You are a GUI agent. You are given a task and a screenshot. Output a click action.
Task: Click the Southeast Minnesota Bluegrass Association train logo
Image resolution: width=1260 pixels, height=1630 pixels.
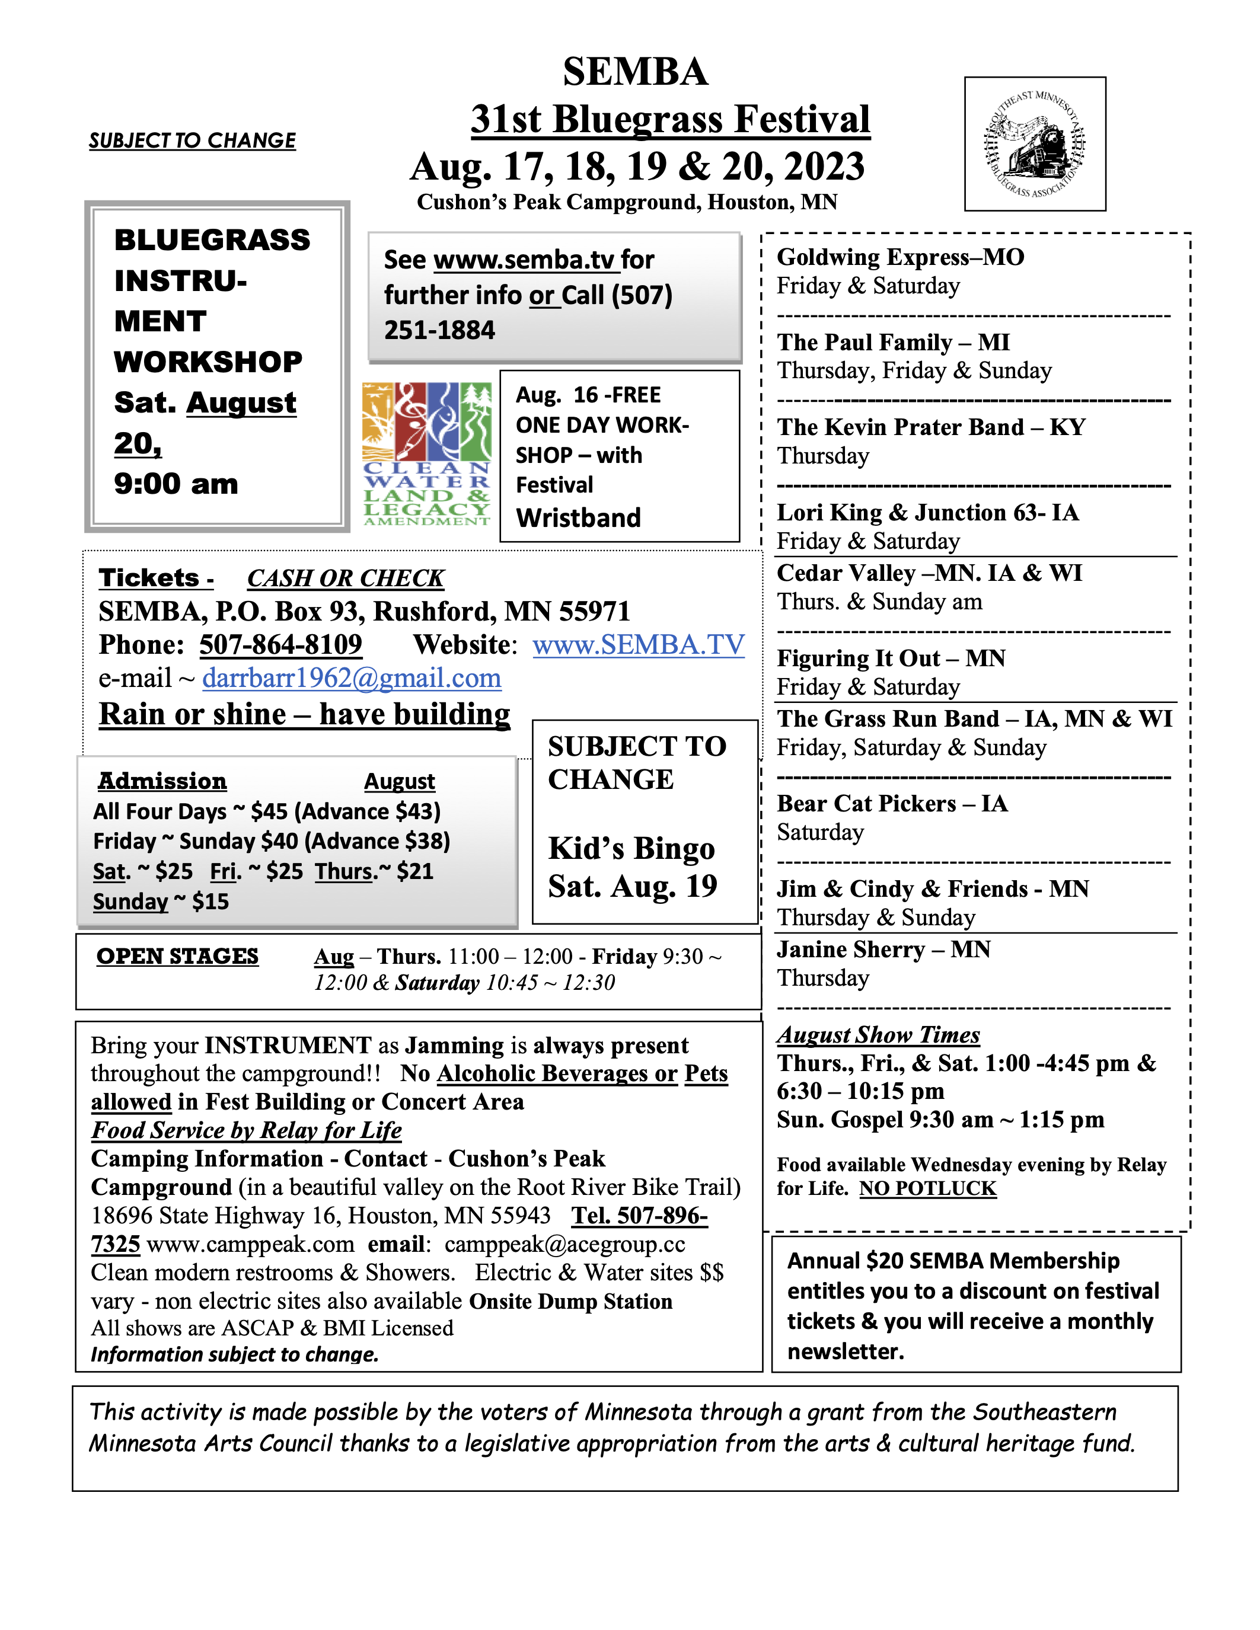pyautogui.click(x=1035, y=144)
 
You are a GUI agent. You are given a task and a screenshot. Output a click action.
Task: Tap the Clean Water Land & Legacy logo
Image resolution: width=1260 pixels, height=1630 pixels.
pyautogui.click(x=427, y=454)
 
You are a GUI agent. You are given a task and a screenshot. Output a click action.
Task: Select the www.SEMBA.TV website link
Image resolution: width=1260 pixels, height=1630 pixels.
pyautogui.click(x=638, y=645)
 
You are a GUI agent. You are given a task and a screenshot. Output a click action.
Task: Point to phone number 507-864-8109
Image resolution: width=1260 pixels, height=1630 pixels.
pyautogui.click(x=280, y=645)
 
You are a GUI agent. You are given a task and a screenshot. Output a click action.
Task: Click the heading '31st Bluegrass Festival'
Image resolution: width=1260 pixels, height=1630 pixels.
pyautogui.click(x=670, y=119)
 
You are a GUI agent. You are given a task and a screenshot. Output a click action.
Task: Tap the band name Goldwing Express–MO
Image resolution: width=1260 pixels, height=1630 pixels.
pyautogui.click(x=900, y=257)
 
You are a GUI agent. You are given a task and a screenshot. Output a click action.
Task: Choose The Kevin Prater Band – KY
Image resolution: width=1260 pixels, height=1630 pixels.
pyautogui.click(x=931, y=427)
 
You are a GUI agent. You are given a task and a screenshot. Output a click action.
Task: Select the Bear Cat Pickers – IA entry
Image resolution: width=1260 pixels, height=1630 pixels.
pyautogui.click(x=892, y=803)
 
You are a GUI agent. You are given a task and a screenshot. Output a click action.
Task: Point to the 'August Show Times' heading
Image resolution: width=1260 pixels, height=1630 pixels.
pyautogui.click(x=878, y=1034)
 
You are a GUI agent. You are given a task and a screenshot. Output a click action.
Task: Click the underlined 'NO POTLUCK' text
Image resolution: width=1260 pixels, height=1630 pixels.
pyautogui.click(x=928, y=1188)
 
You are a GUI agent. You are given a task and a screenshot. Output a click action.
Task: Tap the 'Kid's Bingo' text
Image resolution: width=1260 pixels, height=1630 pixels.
pyautogui.click(x=631, y=849)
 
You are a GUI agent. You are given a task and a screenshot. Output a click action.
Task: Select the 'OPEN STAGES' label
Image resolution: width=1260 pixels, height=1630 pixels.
pyautogui.click(x=178, y=956)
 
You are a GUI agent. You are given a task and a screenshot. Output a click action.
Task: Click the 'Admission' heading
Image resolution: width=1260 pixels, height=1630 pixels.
pyautogui.click(x=162, y=781)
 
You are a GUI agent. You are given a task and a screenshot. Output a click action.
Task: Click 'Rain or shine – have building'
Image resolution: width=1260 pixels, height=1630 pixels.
pyautogui.click(x=305, y=714)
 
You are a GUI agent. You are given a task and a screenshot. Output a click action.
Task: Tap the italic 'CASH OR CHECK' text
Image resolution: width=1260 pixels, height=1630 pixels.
pyautogui.click(x=346, y=579)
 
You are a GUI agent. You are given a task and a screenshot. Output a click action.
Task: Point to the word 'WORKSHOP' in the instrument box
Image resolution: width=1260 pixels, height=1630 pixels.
pyautogui.click(x=208, y=362)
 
